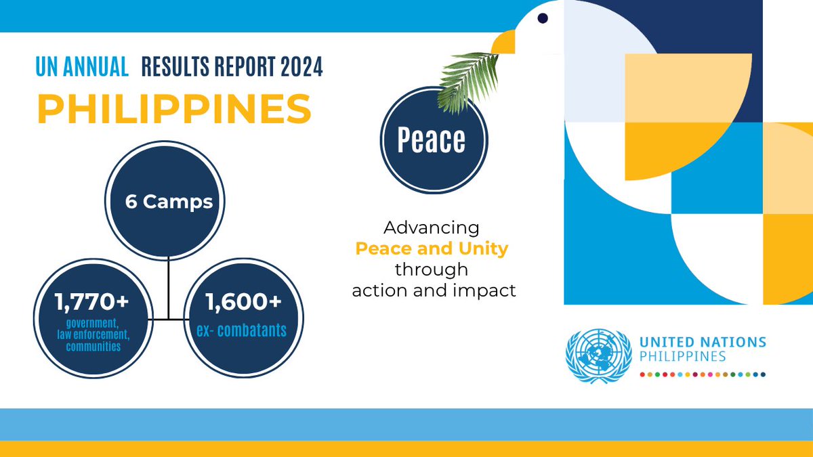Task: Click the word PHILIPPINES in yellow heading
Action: [x=174, y=108]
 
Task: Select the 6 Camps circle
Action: [x=168, y=202]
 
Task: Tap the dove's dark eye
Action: [x=543, y=18]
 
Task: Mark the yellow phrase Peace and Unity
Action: [x=432, y=248]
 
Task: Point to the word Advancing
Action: [x=432, y=228]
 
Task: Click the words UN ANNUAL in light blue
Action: [x=82, y=67]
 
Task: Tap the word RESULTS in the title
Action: [x=173, y=67]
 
